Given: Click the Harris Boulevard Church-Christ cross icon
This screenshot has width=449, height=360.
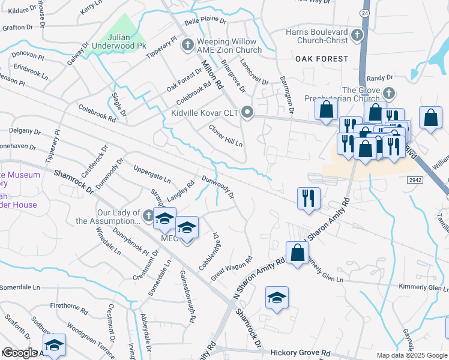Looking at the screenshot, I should point(358,34).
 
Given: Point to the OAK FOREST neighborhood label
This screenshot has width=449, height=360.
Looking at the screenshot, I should point(321,59).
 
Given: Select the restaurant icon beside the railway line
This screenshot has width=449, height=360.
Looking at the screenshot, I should point(309,199).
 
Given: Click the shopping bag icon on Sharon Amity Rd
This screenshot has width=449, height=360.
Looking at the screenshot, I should point(297,253).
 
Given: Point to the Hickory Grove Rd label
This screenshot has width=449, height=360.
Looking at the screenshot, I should point(300,353).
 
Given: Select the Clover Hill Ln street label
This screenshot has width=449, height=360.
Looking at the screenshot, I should point(226,136).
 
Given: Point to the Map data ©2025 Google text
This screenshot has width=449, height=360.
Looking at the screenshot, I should point(412,355).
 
